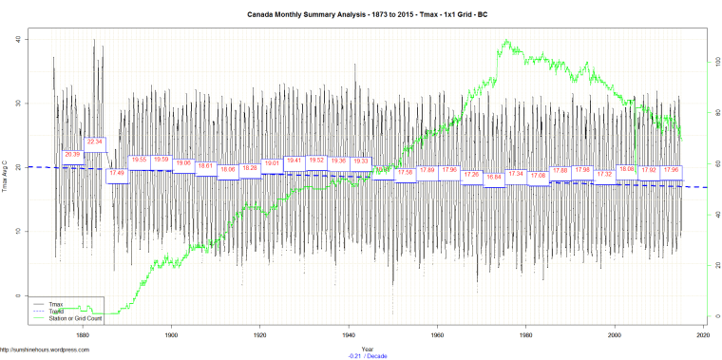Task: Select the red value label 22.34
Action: pyautogui.click(x=94, y=142)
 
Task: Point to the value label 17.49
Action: pyautogui.click(x=117, y=173)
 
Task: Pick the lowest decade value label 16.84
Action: pyautogui.click(x=494, y=177)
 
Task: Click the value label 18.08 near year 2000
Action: pyautogui.click(x=626, y=169)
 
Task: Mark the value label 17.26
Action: pyautogui.click(x=471, y=174)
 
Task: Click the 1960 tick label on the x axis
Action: pyautogui.click(x=437, y=334)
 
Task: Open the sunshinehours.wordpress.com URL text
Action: pyautogui.click(x=45, y=350)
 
